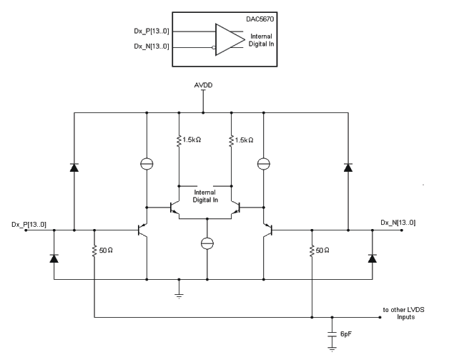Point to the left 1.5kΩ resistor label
[x=192, y=141]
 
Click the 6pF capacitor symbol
[x=332, y=334]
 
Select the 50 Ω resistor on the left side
[x=95, y=252]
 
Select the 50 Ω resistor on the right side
[x=312, y=252]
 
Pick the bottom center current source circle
[x=207, y=244]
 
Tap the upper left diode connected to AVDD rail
[x=74, y=167]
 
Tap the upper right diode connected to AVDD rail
[x=347, y=167]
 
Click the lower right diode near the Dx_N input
[x=371, y=257]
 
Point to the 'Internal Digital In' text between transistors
[x=207, y=195]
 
